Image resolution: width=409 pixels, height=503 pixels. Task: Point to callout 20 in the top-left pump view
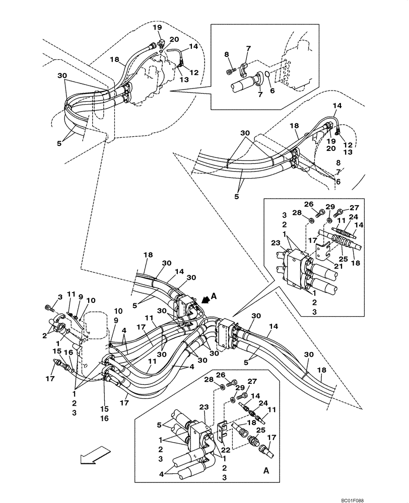pos(174,39)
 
